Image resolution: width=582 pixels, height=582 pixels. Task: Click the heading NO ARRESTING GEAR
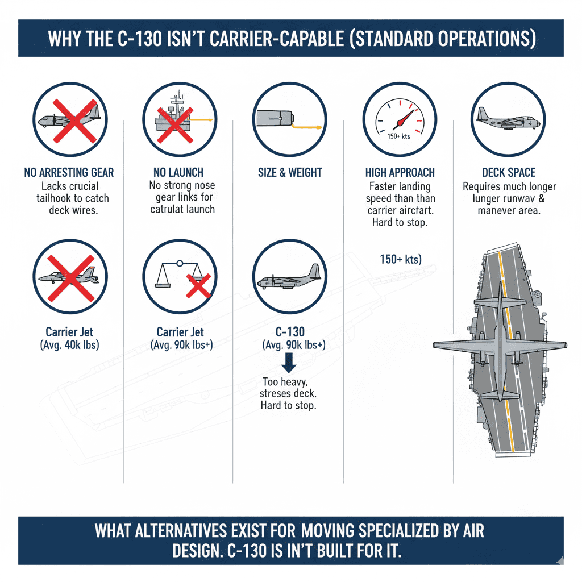point(69,172)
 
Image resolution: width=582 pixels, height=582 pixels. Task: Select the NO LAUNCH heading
point(178,172)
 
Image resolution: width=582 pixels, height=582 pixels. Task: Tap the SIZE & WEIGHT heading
point(290,172)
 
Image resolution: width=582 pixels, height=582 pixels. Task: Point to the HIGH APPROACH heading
point(400,172)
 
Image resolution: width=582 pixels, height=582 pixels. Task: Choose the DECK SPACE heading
point(509,172)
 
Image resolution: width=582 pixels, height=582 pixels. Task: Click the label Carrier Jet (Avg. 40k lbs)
point(69,338)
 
